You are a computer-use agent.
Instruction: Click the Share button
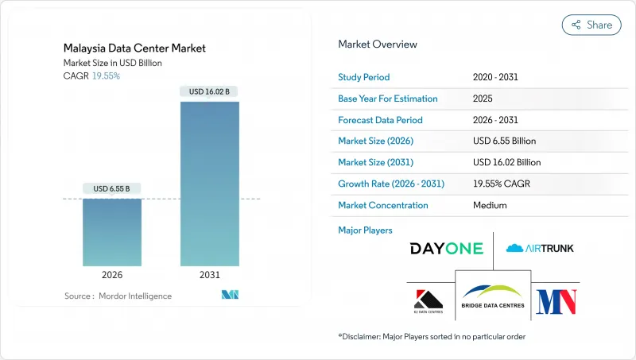[592, 25]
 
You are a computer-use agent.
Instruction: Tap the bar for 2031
[209, 184]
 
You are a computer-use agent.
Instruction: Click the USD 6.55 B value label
[112, 188]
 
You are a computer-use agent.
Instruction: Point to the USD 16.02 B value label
[209, 92]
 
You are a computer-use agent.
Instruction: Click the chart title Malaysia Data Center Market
[135, 48]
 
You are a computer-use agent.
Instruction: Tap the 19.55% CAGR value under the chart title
[107, 75]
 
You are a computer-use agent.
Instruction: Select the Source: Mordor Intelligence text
[118, 296]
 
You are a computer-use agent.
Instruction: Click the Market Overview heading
[378, 44]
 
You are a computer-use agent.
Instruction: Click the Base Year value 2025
[483, 99]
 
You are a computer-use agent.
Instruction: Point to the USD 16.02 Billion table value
[506, 162]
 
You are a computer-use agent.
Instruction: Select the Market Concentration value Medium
[491, 205]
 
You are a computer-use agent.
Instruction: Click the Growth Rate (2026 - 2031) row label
[391, 184]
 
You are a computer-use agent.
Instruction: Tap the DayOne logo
[446, 249]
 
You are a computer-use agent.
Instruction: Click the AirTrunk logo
[539, 249]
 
